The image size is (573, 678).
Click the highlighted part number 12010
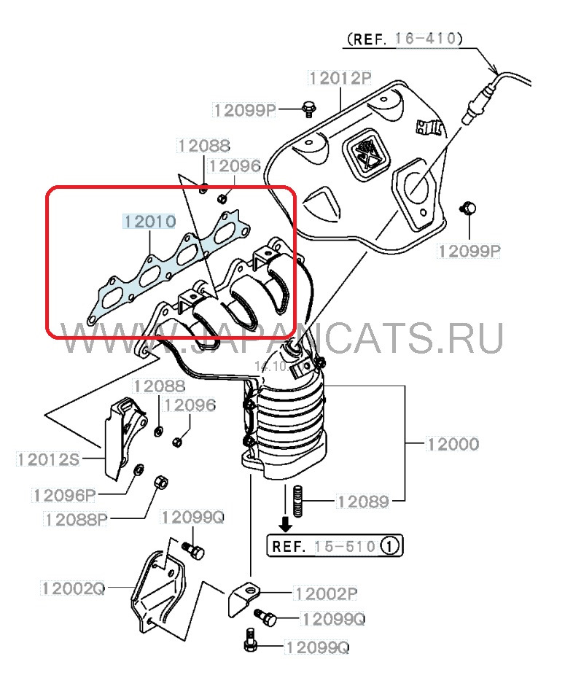tap(149, 221)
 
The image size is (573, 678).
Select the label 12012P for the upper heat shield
tap(339, 78)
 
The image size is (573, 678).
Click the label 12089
tap(362, 502)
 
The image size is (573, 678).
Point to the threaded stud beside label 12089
tap(297, 501)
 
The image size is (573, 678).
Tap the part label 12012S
tap(47, 459)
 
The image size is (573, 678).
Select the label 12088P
tap(75, 519)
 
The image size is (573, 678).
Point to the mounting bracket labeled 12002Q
tap(157, 591)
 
